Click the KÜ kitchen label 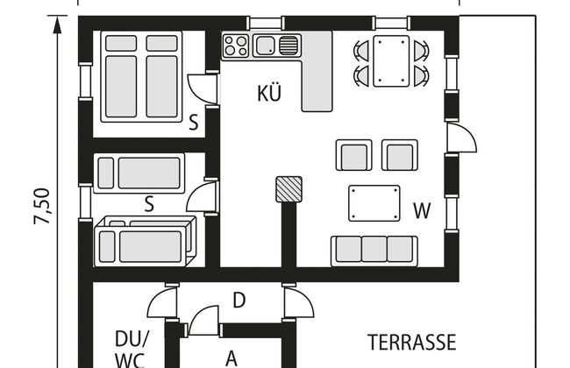pyautogui.click(x=269, y=93)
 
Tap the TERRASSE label pyautogui.click(x=412, y=343)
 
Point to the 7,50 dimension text pyautogui.click(x=42, y=206)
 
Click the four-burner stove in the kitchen pyautogui.click(x=235, y=46)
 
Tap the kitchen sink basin pyautogui.click(x=265, y=46)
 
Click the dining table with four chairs pyautogui.click(x=391, y=60)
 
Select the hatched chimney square pyautogui.click(x=289, y=189)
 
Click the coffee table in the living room pyautogui.click(x=374, y=203)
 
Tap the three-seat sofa pyautogui.click(x=374, y=251)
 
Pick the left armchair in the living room pyautogui.click(x=353, y=155)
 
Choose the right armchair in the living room pyautogui.click(x=400, y=155)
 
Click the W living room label pyautogui.click(x=422, y=210)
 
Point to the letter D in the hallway pyautogui.click(x=239, y=301)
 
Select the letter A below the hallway pyautogui.click(x=232, y=359)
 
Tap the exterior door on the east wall pyautogui.click(x=461, y=138)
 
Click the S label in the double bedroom pyautogui.click(x=194, y=123)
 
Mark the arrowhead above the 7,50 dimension pyautogui.click(x=57, y=25)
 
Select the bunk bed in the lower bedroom pyautogui.click(x=145, y=241)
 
